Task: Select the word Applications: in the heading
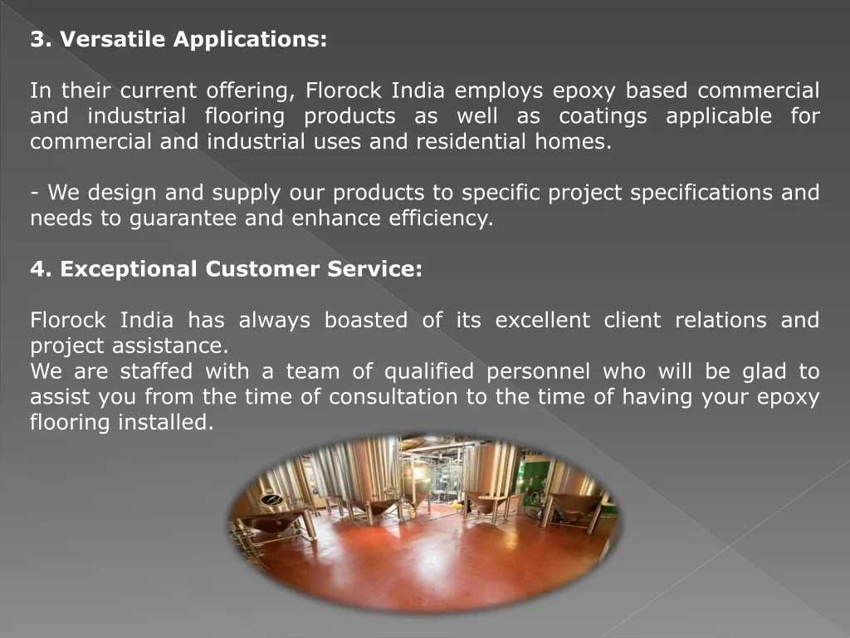coord(250,40)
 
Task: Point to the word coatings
coord(603,116)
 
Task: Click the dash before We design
coord(34,193)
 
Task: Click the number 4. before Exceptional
coord(42,269)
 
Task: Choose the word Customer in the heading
coord(262,269)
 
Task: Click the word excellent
coord(543,320)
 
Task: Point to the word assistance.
coord(170,346)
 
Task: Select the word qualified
coord(429,372)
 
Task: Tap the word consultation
coord(393,396)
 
